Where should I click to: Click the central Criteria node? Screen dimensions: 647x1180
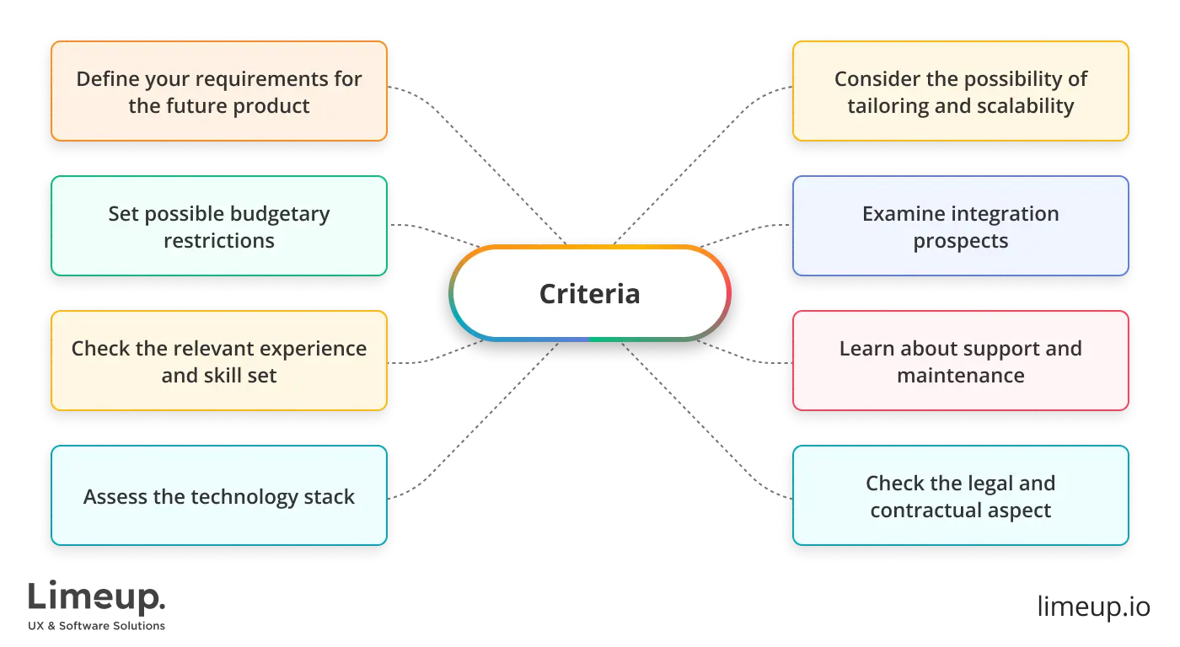pyautogui.click(x=589, y=293)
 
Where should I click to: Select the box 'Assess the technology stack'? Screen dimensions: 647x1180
pyautogui.click(x=219, y=496)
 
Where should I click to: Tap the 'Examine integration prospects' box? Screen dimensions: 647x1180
pyautogui.click(x=960, y=227)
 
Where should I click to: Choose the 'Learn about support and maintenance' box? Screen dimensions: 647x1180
pyautogui.click(x=960, y=361)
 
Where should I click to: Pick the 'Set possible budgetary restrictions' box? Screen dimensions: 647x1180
pyautogui.click(x=219, y=227)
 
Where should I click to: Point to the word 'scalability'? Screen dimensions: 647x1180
pyautogui.click(x=1023, y=106)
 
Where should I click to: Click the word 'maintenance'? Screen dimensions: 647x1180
pyautogui.click(x=960, y=376)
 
